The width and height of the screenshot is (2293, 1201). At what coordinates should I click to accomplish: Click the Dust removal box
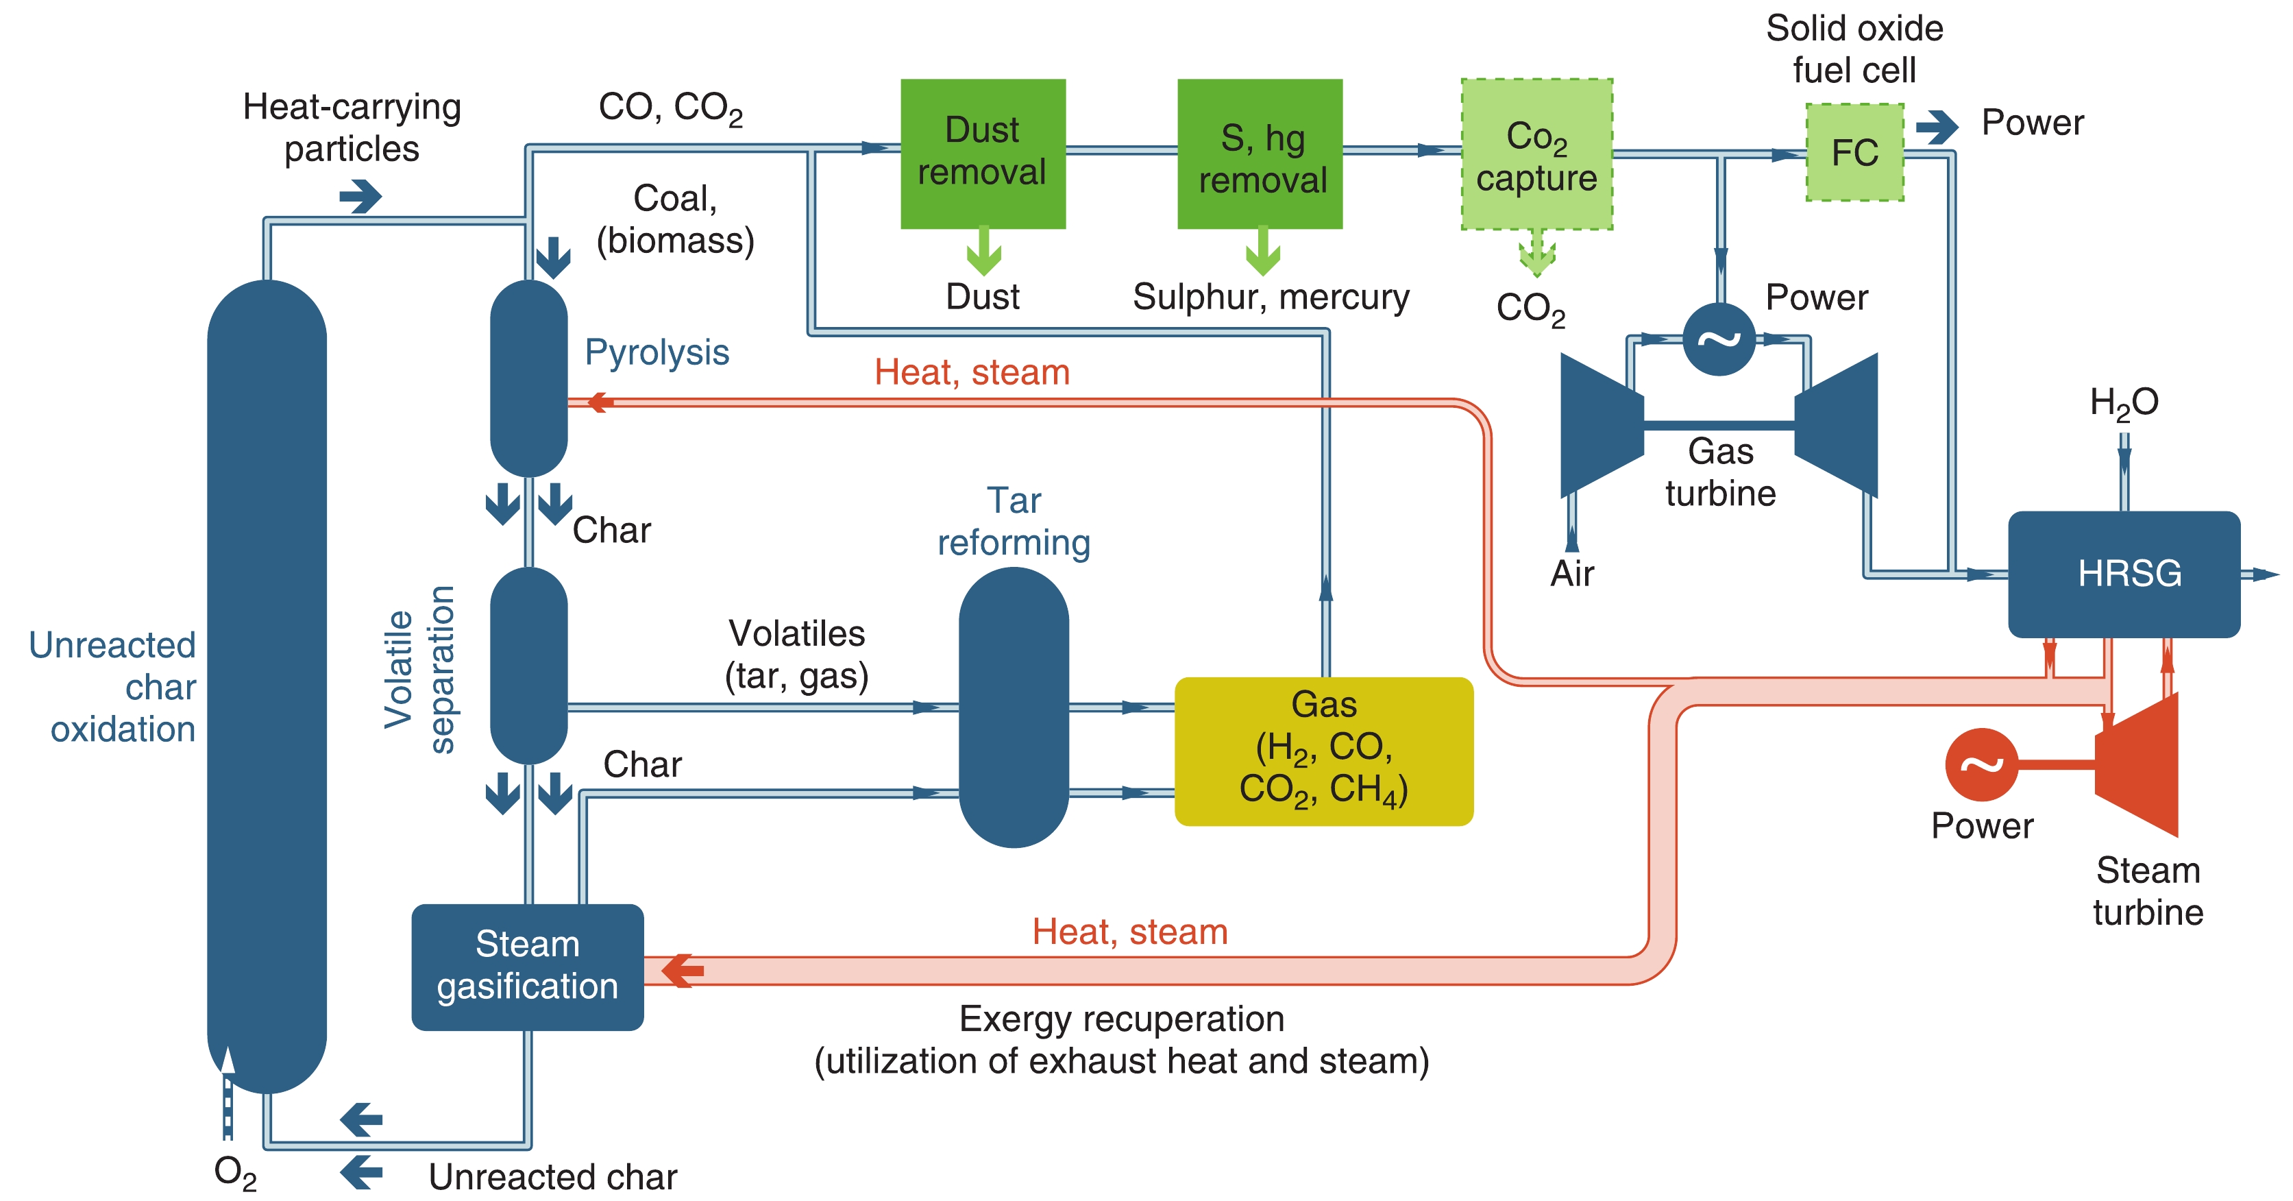983,153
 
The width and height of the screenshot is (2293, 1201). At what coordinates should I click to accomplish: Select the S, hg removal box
1260,153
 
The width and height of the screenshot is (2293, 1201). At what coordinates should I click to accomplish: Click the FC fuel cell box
1854,152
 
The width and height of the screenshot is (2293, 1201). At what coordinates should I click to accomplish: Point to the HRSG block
2124,573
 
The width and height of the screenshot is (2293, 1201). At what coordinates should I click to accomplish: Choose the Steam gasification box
527,966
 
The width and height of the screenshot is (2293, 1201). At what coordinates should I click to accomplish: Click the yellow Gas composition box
1323,751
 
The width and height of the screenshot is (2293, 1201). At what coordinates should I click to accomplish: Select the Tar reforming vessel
1013,707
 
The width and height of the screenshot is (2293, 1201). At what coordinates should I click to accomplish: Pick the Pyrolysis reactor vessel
529,378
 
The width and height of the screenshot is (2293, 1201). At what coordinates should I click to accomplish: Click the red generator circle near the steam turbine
1981,764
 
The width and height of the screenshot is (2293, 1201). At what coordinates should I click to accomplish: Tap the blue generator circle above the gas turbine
1719,339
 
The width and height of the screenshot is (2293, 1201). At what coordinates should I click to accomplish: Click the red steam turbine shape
2138,764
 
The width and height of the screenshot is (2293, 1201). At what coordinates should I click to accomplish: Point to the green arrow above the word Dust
983,252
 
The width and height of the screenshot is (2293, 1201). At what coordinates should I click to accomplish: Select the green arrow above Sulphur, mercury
1262,252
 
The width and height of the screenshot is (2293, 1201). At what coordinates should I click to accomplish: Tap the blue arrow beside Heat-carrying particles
360,196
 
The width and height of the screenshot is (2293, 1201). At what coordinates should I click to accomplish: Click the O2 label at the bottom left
235,1172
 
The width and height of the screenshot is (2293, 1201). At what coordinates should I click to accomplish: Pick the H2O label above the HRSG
2124,402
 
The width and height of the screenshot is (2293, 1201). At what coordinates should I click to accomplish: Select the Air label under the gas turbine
1572,573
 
